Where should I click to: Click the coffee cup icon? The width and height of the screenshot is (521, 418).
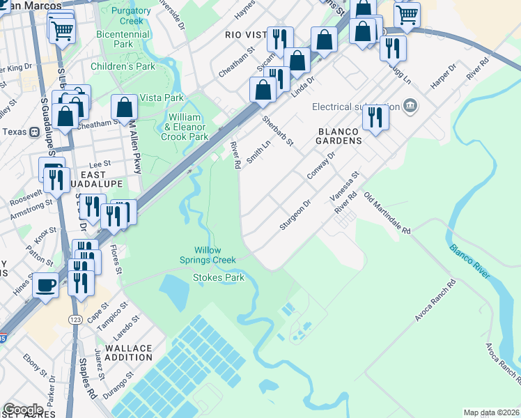[47, 285]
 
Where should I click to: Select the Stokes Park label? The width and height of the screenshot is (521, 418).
[218, 277]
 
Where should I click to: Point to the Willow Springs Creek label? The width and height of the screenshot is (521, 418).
[215, 254]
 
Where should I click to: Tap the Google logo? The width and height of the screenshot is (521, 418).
[23, 410]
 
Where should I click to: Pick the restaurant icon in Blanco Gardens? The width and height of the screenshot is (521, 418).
[375, 117]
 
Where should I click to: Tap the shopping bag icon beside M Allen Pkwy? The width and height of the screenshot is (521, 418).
[124, 108]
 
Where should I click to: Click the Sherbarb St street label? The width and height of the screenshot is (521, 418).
[278, 130]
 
